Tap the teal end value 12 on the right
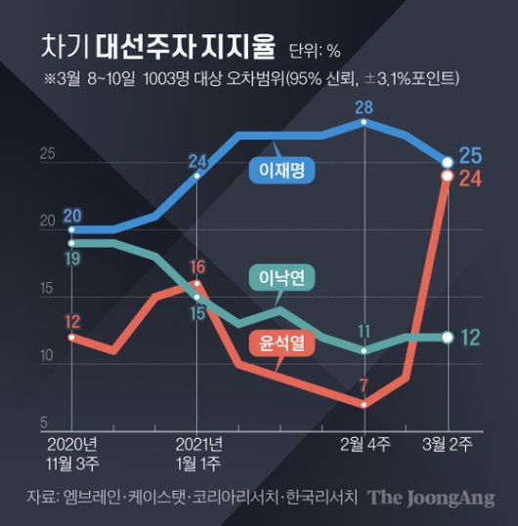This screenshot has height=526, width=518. point(469,338)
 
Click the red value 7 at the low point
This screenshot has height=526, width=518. point(364,384)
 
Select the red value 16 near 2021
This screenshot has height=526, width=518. point(197,266)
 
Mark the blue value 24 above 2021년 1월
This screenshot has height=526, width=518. point(197,161)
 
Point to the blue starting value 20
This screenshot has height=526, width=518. point(72,215)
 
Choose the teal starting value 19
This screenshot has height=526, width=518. point(72,258)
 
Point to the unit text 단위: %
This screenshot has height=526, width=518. point(314,48)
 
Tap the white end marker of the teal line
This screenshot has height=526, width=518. point(447,338)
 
